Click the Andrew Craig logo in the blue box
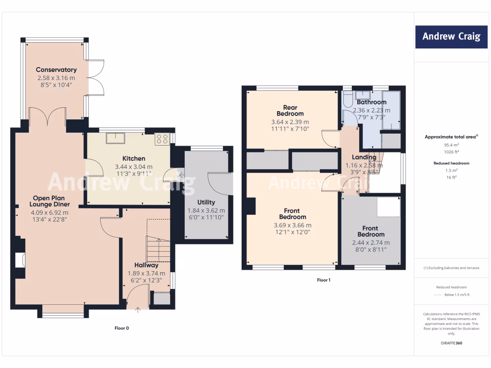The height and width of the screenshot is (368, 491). pyautogui.click(x=451, y=37)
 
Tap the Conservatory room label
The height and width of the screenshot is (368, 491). pyautogui.click(x=56, y=70)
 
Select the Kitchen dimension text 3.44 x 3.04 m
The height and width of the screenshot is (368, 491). pyautogui.click(x=134, y=167)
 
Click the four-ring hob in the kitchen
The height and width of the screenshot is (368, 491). pyautogui.click(x=162, y=139)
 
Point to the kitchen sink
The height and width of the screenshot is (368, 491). pyautogui.click(x=116, y=138)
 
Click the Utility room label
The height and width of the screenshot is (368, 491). pyautogui.click(x=206, y=202)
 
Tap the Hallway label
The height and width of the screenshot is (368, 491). pyautogui.click(x=146, y=265)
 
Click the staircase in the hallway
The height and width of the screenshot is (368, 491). pyautogui.click(x=159, y=249)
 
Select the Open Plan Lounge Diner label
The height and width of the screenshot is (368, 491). pyautogui.click(x=49, y=202)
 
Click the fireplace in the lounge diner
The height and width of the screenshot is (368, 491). pyautogui.click(x=20, y=260)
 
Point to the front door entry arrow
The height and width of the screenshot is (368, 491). pyautogui.click(x=138, y=310)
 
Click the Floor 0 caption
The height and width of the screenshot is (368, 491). pyautogui.click(x=122, y=328)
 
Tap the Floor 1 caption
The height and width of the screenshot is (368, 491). pyautogui.click(x=324, y=280)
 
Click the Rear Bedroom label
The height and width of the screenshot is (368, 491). pyautogui.click(x=290, y=111)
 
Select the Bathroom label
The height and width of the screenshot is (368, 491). pyautogui.click(x=372, y=102)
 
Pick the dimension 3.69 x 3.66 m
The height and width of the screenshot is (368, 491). pyautogui.click(x=292, y=225)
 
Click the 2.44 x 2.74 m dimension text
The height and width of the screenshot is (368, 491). pyautogui.click(x=371, y=242)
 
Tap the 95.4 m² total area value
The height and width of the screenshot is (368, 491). pyautogui.click(x=451, y=144)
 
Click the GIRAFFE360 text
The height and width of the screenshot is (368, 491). pyautogui.click(x=451, y=343)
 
